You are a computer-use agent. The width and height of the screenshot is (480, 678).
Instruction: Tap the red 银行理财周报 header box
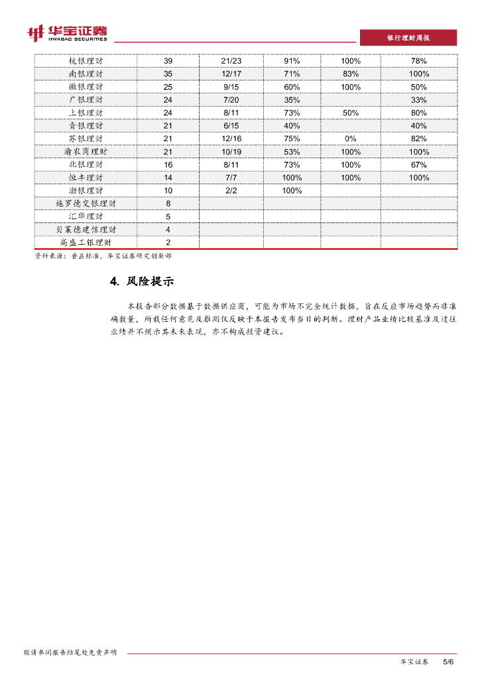[x=408, y=38]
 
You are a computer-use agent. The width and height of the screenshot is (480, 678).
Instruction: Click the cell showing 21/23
[x=231, y=61]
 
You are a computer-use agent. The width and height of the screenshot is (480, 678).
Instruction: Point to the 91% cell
[x=292, y=61]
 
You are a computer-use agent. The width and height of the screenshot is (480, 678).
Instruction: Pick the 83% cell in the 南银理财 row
[x=351, y=74]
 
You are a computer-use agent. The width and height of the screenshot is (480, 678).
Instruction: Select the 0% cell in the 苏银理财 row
[x=351, y=138]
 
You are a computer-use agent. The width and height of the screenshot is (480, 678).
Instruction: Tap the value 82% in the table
[x=418, y=138]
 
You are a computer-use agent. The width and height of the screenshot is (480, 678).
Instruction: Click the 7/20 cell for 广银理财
[x=231, y=100]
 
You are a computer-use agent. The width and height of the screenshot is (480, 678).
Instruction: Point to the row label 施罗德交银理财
[x=86, y=203]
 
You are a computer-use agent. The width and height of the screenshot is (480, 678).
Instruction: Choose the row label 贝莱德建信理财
[x=86, y=230]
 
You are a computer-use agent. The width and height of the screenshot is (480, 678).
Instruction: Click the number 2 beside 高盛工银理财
[x=168, y=242]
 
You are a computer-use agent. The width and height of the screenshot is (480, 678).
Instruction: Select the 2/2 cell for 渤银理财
[x=231, y=191]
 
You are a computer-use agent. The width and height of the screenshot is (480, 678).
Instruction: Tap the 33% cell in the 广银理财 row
[x=418, y=100]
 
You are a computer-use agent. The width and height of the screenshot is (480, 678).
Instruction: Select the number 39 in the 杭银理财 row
[x=168, y=61]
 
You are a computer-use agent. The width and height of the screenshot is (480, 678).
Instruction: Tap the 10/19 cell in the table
[x=231, y=152]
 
